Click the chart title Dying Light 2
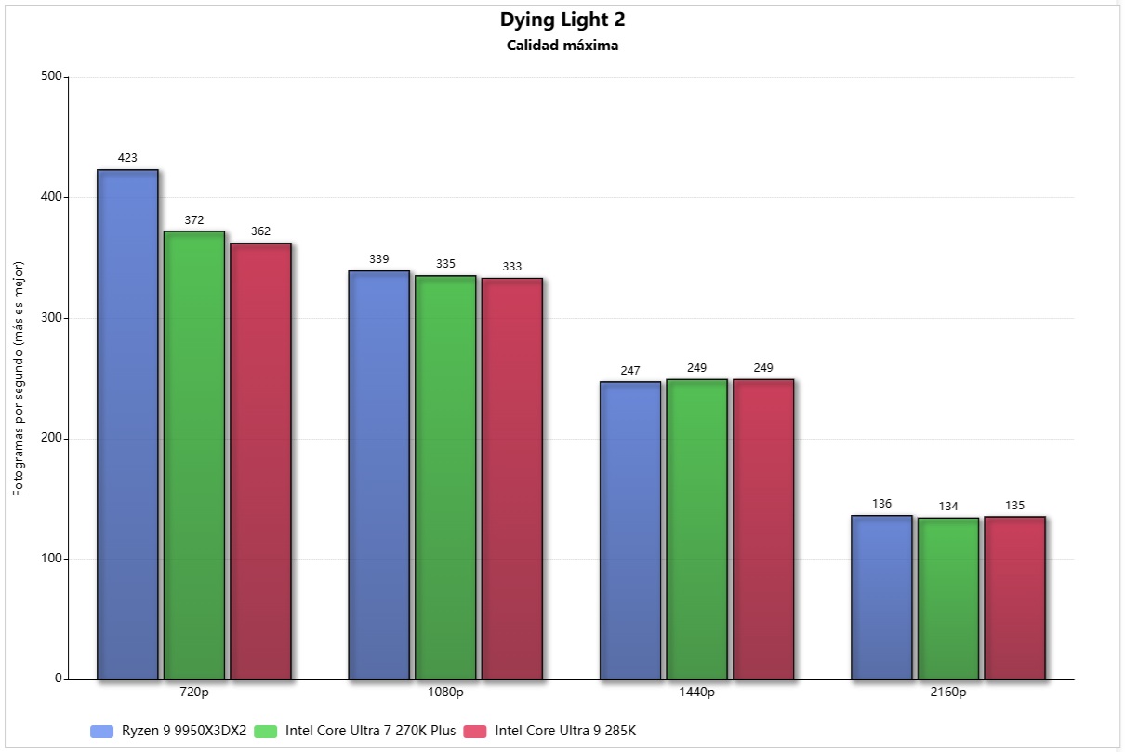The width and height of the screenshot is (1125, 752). click(562, 20)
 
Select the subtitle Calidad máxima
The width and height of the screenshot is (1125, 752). click(562, 46)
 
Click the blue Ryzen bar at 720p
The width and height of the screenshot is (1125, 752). click(127, 424)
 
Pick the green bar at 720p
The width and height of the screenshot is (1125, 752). click(194, 455)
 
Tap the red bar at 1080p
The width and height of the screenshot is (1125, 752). click(511, 479)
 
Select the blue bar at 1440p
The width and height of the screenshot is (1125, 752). click(629, 530)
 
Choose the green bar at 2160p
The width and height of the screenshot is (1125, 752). click(947, 598)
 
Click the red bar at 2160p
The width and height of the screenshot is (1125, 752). click(1014, 598)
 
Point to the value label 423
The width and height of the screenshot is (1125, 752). click(127, 158)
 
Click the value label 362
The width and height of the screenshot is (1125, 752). click(260, 231)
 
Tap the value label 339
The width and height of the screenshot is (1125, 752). click(378, 259)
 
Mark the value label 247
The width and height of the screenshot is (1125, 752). click(629, 370)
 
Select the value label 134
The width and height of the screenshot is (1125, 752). click(947, 506)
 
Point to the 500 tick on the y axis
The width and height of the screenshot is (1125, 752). click(51, 77)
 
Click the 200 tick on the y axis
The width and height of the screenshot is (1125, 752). click(51, 439)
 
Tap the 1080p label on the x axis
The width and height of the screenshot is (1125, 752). click(445, 693)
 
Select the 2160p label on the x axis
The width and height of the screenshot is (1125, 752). click(948, 693)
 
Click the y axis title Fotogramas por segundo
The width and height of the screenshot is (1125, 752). click(19, 378)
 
